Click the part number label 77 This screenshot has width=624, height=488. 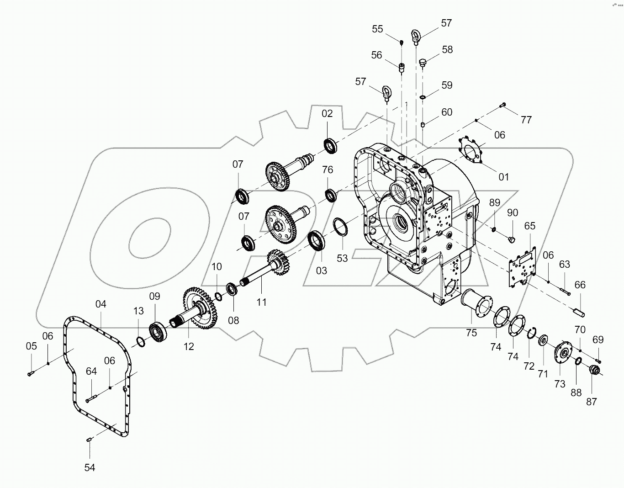click(x=526, y=120)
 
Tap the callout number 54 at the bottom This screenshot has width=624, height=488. click(x=90, y=467)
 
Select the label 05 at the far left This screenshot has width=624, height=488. click(x=31, y=346)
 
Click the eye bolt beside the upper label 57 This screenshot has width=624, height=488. click(x=416, y=36)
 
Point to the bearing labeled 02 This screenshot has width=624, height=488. click(x=331, y=144)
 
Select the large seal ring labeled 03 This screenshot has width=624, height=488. click(x=317, y=241)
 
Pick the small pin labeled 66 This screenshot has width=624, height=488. click(x=579, y=313)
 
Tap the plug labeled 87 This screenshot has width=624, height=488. click(x=595, y=370)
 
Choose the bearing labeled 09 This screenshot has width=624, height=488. click(x=159, y=331)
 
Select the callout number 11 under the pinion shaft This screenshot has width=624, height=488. click(x=261, y=302)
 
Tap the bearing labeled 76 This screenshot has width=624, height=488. click(x=331, y=195)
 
